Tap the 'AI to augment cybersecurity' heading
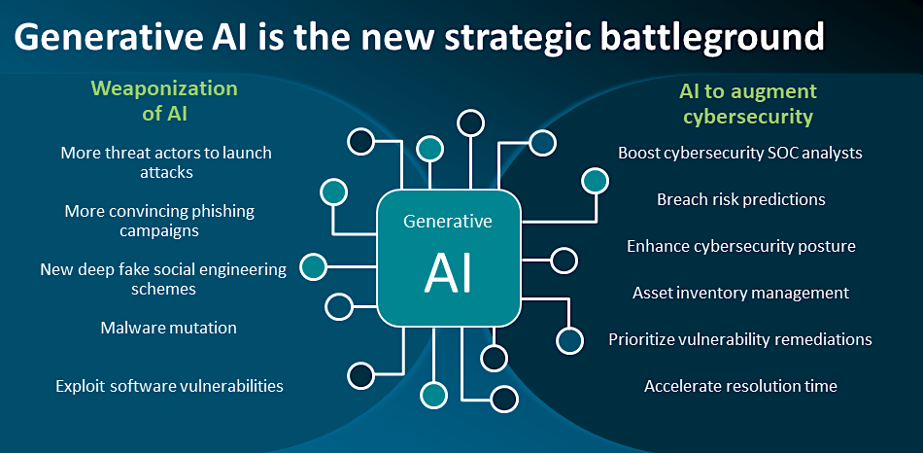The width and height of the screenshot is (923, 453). pos(747,104)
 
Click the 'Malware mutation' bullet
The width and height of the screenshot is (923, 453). pos(169,328)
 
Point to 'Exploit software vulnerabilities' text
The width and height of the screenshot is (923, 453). pos(169,386)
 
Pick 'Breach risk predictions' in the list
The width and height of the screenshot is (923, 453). pos(740,199)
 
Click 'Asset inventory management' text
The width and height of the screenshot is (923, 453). pos(740,293)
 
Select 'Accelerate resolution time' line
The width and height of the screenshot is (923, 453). pos(740,386)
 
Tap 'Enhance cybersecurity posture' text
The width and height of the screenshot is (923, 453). pos(740,246)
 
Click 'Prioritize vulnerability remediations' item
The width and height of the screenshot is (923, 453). pos(740,339)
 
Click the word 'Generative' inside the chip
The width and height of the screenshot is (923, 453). pos(448,222)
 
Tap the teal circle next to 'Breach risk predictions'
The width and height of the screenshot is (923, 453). pos(595,180)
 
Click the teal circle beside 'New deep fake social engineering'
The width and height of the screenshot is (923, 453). pos(313,265)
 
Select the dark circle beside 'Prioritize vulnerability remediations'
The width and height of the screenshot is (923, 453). pos(569,340)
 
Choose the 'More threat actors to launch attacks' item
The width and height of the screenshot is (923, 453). pos(165,162)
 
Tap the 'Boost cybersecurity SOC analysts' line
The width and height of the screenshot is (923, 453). pos(740,153)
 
